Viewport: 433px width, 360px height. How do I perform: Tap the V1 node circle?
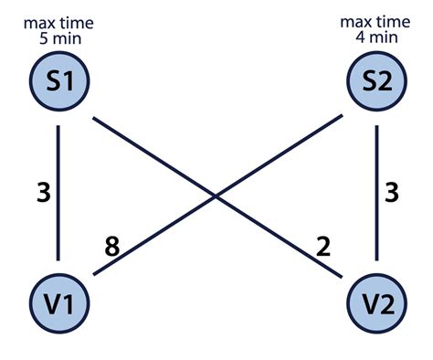pyautogui.click(x=59, y=299)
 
